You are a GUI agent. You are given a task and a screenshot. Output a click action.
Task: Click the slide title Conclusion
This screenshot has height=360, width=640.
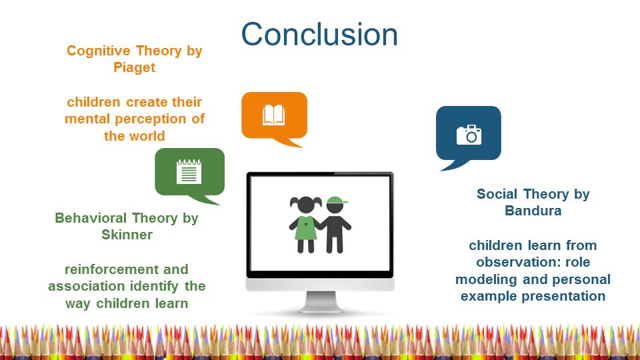click(x=319, y=34)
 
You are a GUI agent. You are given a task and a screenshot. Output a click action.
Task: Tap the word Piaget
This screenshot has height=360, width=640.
click(x=134, y=67)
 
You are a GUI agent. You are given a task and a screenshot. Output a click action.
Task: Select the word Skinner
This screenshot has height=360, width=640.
click(x=127, y=235)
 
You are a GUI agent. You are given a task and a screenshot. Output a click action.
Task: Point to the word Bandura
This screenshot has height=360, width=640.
click(x=533, y=211)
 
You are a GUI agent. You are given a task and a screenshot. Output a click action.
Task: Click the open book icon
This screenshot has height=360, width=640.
click(x=273, y=115)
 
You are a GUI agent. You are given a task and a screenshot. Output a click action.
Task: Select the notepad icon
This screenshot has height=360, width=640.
click(x=189, y=171)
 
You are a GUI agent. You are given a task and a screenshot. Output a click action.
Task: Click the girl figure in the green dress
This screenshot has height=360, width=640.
click(x=305, y=225)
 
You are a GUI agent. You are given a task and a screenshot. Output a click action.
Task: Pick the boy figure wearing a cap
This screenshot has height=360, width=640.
click(x=335, y=225)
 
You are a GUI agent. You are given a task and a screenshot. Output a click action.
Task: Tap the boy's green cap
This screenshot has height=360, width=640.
click(x=337, y=200)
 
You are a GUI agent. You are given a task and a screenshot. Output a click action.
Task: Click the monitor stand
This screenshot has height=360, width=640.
click(x=321, y=303)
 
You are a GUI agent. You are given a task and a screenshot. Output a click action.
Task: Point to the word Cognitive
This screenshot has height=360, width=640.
click(x=98, y=51)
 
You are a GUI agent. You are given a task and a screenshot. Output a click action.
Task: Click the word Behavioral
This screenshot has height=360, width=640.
click(x=91, y=218)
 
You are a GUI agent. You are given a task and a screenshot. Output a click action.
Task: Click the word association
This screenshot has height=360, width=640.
click(x=85, y=286)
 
